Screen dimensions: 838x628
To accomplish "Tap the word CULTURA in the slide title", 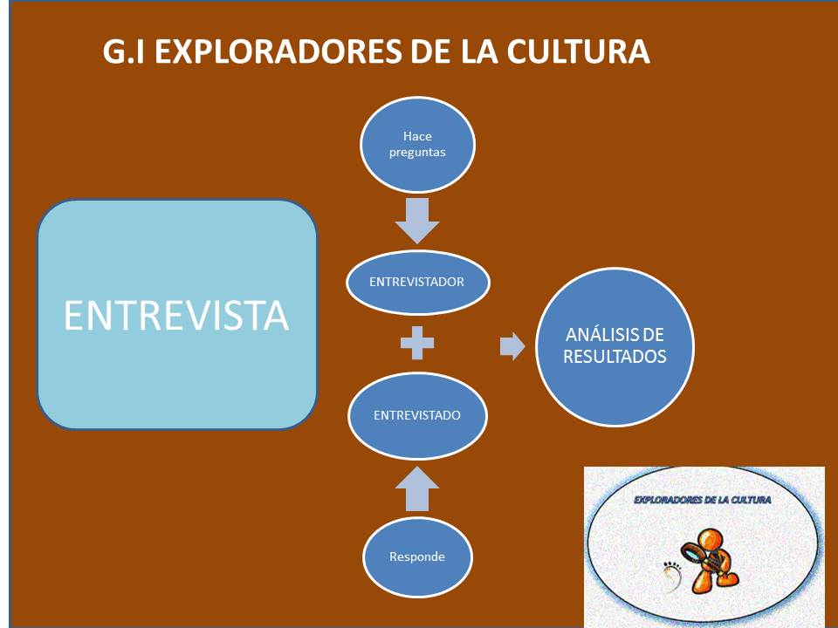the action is pyautogui.click(x=578, y=51).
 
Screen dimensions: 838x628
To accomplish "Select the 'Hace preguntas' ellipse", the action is pyautogui.click(x=417, y=144).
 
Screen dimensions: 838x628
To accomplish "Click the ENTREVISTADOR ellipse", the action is pyautogui.click(x=418, y=282).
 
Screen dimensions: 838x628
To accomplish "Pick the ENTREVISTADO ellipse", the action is pyautogui.click(x=417, y=415).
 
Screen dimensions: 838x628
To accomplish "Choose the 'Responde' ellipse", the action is pyautogui.click(x=417, y=557).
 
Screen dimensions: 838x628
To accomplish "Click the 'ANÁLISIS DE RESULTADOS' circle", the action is pyautogui.click(x=615, y=346).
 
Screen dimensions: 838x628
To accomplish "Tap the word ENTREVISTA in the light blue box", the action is pyautogui.click(x=176, y=316).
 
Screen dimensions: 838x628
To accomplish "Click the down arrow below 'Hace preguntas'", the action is pyautogui.click(x=417, y=221).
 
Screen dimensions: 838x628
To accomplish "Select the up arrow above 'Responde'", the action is pyautogui.click(x=417, y=488).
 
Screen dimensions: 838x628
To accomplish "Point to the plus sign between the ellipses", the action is pyautogui.click(x=417, y=343).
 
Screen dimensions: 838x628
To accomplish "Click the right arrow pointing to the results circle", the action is pyautogui.click(x=512, y=346).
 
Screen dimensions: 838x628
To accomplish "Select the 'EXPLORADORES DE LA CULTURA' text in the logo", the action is pyautogui.click(x=702, y=500).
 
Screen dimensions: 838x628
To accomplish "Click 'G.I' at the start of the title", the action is pyautogui.click(x=123, y=51).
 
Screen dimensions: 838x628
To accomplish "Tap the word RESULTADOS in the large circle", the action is pyautogui.click(x=615, y=357).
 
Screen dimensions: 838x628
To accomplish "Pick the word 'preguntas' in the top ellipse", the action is pyautogui.click(x=417, y=153).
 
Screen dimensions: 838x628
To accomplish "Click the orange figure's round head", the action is pyautogui.click(x=711, y=541).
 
